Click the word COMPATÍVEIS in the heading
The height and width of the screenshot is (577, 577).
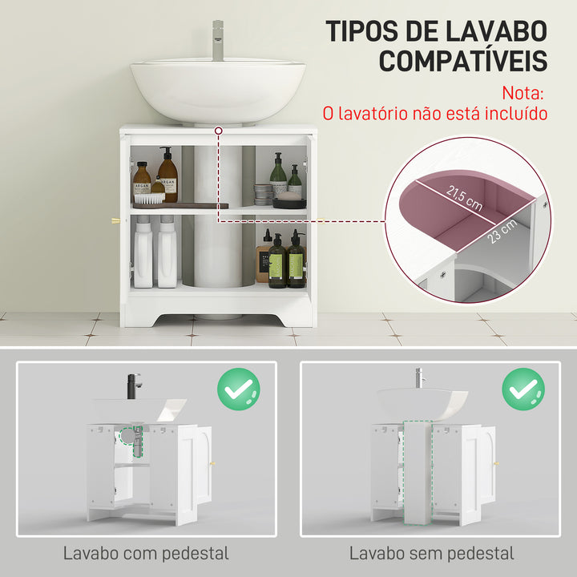(x=463, y=61)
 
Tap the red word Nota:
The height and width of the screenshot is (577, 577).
(x=524, y=93)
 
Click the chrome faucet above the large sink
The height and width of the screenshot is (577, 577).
(x=217, y=41)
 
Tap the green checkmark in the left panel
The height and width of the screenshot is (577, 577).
(x=238, y=391)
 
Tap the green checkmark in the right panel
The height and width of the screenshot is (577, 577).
(x=523, y=391)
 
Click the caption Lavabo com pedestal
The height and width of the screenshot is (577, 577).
(x=146, y=553)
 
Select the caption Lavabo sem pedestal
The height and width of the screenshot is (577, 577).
(x=431, y=553)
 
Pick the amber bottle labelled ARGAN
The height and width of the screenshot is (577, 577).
(x=142, y=183)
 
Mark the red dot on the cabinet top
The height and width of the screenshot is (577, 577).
(x=218, y=128)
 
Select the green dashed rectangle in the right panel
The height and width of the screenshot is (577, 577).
(x=414, y=468)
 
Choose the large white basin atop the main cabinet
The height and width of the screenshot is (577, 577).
(x=217, y=90)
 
